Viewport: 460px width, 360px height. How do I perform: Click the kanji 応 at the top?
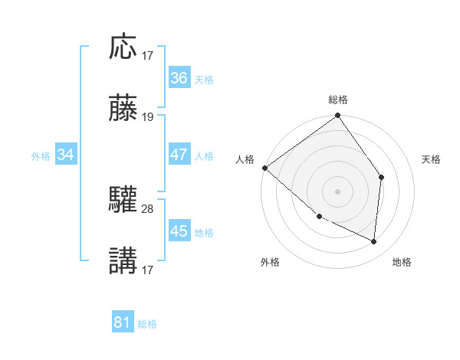123,47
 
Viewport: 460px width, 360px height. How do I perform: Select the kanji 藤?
123,109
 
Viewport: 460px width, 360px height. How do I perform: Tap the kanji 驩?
123,201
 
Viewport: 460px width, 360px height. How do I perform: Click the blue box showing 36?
179,78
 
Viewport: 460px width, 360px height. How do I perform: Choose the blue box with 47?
179,155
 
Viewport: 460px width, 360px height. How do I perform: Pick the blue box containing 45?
179,231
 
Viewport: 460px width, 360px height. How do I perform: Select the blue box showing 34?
66,155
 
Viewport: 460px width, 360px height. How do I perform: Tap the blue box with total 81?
122,322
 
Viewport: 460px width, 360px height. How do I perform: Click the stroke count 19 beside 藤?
148,117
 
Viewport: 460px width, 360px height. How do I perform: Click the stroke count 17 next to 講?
148,270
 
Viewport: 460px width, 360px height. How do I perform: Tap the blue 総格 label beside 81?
147,324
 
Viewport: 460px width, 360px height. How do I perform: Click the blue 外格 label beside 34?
41,156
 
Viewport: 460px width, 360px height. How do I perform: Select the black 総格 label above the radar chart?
338,100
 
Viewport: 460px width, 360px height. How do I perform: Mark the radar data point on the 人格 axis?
264,168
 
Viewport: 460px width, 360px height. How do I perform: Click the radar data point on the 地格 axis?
374,241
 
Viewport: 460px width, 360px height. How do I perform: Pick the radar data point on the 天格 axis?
381,177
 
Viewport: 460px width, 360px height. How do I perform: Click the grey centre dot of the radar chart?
337,191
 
